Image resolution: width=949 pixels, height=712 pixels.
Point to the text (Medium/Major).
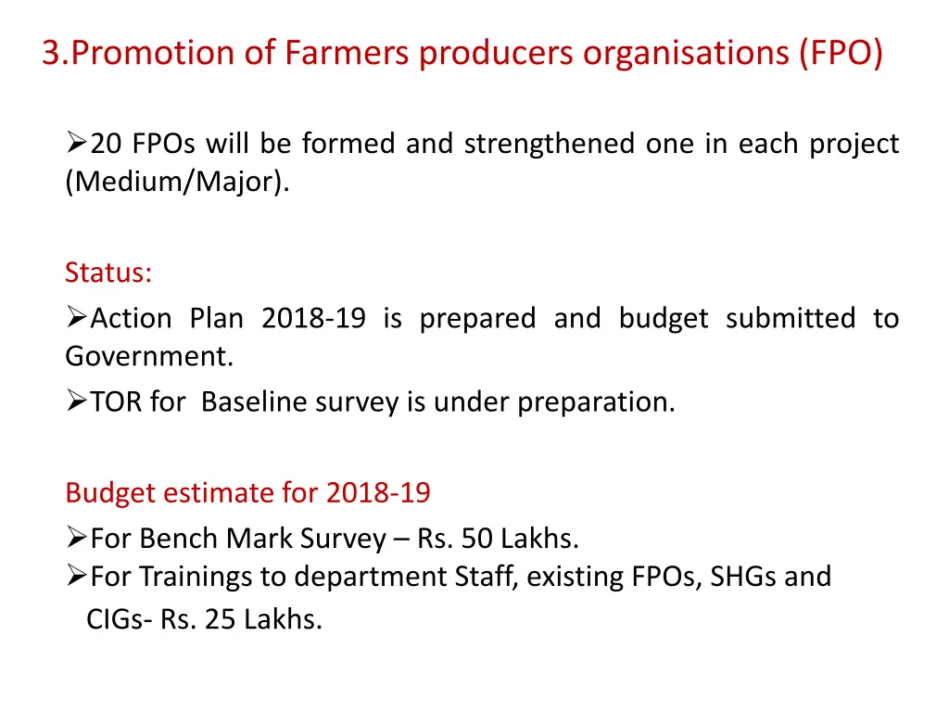[177, 182]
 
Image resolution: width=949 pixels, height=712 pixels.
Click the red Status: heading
[108, 273]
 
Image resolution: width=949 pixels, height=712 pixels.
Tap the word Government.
[149, 356]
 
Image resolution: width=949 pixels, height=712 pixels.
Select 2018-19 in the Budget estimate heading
[377, 492]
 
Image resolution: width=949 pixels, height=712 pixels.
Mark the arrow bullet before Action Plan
[77, 319]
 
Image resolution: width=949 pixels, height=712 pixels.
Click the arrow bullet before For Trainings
[77, 577]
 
